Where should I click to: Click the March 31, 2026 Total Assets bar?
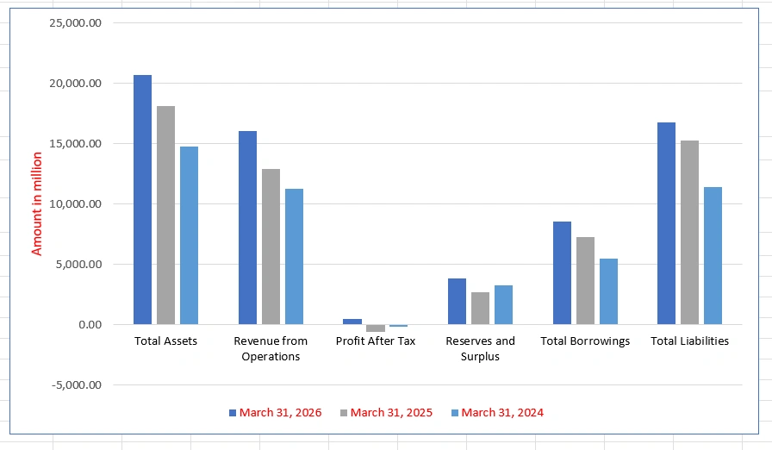[x=142, y=199]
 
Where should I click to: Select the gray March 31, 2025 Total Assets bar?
[x=166, y=216]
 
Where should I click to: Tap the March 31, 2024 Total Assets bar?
[x=189, y=235]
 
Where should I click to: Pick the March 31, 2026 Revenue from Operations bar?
[x=247, y=228]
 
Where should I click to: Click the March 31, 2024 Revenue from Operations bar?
[x=295, y=257]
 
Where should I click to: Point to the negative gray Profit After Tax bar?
[x=376, y=328]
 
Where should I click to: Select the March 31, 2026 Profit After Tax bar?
[x=352, y=322]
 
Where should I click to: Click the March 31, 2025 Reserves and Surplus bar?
[x=481, y=309]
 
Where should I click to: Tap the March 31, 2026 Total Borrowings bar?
[x=563, y=272]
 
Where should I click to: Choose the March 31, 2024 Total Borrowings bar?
[x=608, y=291]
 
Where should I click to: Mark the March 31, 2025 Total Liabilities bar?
[x=690, y=233]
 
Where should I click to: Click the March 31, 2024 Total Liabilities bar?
[x=713, y=255]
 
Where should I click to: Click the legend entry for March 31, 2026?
[x=275, y=413]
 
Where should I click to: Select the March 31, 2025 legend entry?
[x=387, y=413]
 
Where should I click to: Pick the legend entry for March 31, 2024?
[x=497, y=413]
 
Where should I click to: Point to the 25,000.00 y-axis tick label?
[x=75, y=22]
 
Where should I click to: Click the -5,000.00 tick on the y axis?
[x=77, y=384]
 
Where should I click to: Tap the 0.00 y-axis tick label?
[x=90, y=324]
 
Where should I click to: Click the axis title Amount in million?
[x=37, y=203]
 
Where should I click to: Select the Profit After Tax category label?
[x=376, y=341]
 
